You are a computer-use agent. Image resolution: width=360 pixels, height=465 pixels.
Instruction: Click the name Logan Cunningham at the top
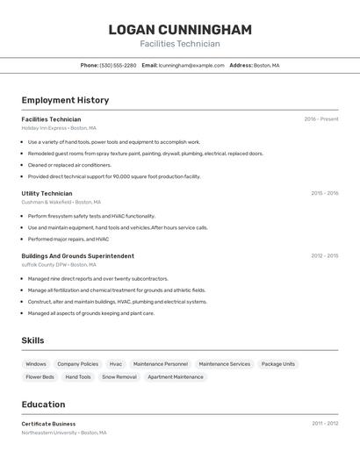tap(180, 30)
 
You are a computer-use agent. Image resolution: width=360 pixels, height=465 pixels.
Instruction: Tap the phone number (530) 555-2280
tap(118, 65)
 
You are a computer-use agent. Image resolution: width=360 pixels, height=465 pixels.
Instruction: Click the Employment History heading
tap(65, 100)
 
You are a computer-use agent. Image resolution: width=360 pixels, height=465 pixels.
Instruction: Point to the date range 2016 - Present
tap(320, 119)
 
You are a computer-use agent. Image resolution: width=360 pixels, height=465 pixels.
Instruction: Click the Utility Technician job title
tap(47, 193)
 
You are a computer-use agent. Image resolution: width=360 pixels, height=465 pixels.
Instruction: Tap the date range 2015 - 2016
tap(324, 193)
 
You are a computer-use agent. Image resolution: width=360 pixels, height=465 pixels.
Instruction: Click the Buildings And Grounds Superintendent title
tap(77, 256)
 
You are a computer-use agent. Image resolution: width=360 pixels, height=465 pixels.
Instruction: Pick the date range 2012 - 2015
tap(324, 256)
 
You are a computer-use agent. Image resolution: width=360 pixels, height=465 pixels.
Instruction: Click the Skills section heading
tap(32, 340)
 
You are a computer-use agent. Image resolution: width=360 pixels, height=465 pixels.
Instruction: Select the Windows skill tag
tap(36, 364)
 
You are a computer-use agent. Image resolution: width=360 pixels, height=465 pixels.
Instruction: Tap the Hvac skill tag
tap(116, 364)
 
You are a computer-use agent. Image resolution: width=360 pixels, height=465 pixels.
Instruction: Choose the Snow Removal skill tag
tap(119, 377)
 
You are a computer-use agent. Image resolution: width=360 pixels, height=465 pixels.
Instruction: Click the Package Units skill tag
tap(278, 364)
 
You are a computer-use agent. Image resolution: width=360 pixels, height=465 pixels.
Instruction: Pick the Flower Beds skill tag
tap(40, 377)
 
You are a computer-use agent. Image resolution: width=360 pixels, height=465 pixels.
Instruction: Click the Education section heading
tap(43, 404)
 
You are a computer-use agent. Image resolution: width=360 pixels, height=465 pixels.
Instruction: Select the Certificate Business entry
tap(48, 424)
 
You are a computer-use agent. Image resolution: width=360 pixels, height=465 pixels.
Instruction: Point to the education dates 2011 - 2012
tap(325, 424)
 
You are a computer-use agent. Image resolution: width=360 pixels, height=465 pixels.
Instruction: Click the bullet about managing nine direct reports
tap(97, 279)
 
